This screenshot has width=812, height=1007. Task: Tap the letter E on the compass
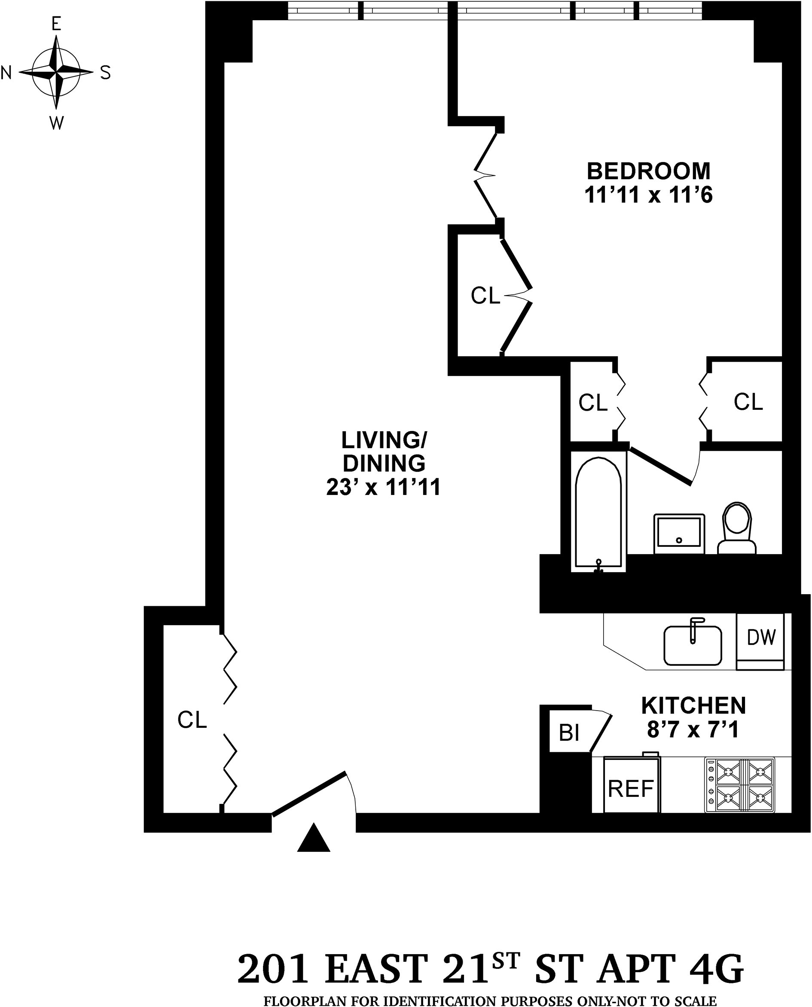click(x=56, y=23)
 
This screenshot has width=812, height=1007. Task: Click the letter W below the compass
click(x=56, y=123)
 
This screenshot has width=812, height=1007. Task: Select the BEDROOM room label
click(x=648, y=171)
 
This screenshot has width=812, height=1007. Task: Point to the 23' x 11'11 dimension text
click(x=383, y=487)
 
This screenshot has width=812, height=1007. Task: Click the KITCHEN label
click(x=693, y=705)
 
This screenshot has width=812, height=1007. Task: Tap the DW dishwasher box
click(x=761, y=638)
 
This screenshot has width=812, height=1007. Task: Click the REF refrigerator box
click(x=631, y=789)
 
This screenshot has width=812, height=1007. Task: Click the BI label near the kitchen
click(x=569, y=733)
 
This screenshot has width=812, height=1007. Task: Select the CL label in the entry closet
click(x=192, y=720)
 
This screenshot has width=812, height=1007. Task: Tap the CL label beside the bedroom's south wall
click(x=748, y=401)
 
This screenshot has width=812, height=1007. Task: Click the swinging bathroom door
click(x=660, y=466)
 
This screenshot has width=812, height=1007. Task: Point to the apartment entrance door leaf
click(x=309, y=794)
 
